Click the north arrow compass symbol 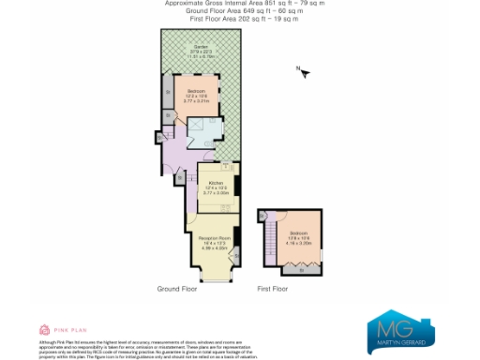302,71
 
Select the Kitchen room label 215,183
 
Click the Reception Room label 213,237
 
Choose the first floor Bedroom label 299,232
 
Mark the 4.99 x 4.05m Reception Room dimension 213,248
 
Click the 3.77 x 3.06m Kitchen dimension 216,193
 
